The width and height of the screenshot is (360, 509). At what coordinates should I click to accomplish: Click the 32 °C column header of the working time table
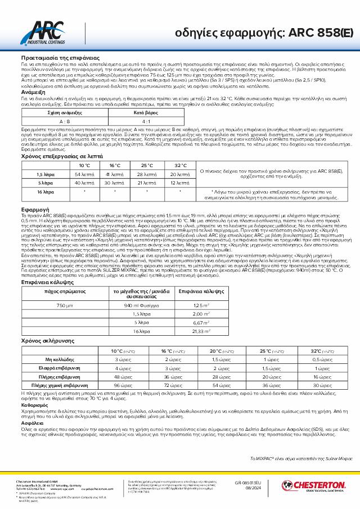[x=181, y=165]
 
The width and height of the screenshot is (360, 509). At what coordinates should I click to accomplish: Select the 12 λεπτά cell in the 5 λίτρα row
[x=180, y=183]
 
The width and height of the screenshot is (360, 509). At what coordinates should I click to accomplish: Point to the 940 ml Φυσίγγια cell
[x=138, y=305]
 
